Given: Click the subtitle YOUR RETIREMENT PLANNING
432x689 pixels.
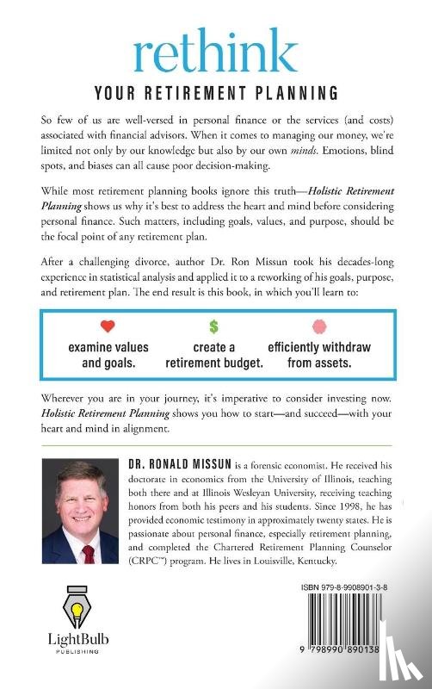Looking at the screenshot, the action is tap(216, 94).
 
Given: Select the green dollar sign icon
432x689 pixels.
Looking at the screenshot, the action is tap(214, 328).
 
